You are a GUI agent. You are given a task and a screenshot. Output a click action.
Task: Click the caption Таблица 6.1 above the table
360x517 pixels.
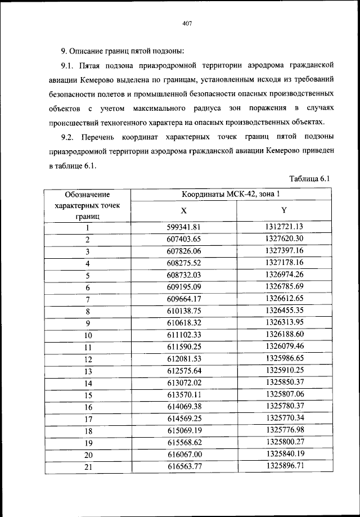[x=309, y=179]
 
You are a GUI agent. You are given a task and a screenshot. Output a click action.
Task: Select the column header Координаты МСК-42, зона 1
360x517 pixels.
[x=230, y=195]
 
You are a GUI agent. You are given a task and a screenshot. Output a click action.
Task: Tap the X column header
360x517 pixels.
[x=183, y=210]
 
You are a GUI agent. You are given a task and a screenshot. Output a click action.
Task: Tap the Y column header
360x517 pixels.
[x=284, y=210]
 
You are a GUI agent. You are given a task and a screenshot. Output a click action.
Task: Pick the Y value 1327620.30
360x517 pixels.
[x=284, y=239]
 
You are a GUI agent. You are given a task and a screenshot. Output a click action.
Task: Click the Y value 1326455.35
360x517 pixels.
[x=284, y=310]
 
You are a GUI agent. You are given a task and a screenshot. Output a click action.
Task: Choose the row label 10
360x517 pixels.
[x=88, y=335]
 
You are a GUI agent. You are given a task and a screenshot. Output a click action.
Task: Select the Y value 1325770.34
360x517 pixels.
[x=284, y=417]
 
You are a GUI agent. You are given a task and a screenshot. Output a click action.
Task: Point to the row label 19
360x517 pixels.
[x=88, y=442]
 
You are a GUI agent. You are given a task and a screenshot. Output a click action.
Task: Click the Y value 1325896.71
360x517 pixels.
[x=284, y=465]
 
